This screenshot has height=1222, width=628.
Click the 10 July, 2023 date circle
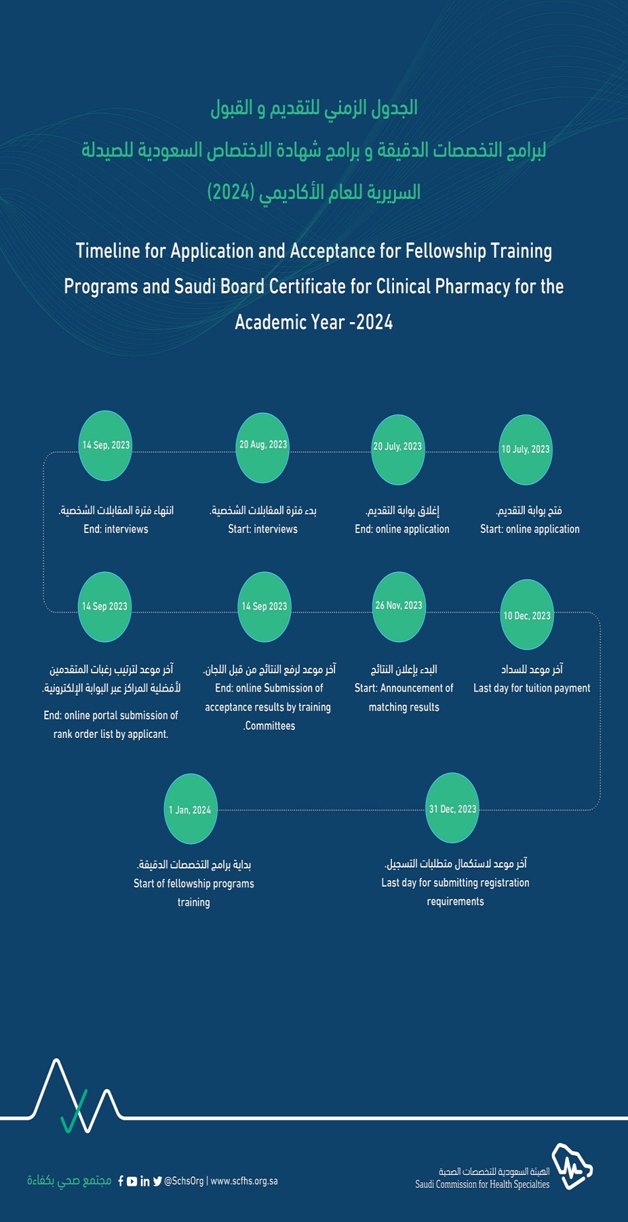[526, 450]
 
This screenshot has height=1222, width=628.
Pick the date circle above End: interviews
[105, 445]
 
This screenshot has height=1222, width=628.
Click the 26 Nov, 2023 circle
[399, 606]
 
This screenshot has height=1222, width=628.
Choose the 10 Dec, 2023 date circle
[527, 615]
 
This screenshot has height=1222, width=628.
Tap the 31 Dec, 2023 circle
[452, 808]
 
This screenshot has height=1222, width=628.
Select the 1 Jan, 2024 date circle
[190, 809]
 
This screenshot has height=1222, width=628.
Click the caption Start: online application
[530, 529]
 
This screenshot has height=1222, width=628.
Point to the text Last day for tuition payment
[531, 688]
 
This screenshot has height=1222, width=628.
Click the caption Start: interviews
[262, 529]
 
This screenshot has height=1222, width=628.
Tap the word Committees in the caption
[270, 726]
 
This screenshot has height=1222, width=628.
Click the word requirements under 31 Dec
[455, 901]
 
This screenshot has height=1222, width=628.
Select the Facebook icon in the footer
[121, 1181]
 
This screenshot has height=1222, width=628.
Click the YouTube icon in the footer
[132, 1181]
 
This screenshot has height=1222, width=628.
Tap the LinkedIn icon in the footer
[145, 1181]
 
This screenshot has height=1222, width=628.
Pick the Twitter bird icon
[157, 1181]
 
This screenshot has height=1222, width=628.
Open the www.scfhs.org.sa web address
[244, 1181]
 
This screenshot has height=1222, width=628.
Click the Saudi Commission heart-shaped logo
[572, 1166]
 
